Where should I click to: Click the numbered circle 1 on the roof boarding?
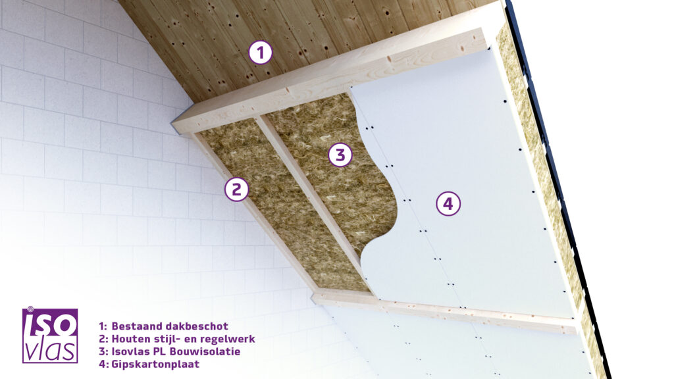point(261,53)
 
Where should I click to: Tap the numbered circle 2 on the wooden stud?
point(237,189)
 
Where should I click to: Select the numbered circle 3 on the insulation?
point(340,155)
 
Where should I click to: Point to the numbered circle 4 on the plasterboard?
point(448,203)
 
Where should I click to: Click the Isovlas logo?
point(50,335)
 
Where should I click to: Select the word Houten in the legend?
point(131,339)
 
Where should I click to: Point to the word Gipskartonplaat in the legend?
point(155,365)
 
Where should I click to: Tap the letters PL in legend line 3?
point(160,351)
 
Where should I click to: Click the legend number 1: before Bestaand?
point(103,326)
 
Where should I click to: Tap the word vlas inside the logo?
point(50,350)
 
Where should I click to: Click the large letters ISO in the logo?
point(50,324)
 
